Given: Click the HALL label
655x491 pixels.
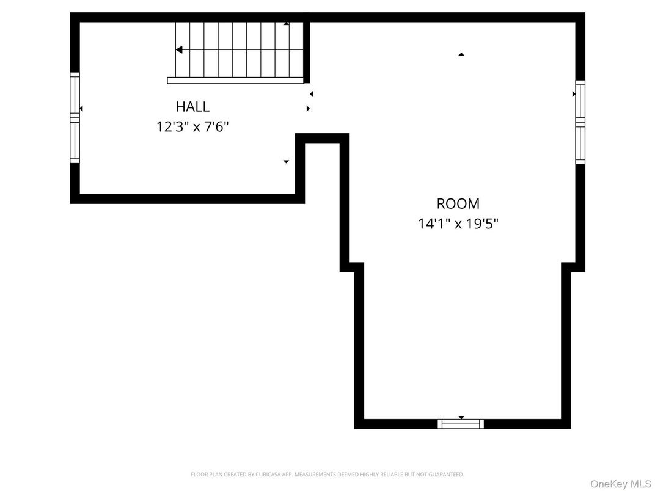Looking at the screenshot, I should pyautogui.click(x=192, y=107).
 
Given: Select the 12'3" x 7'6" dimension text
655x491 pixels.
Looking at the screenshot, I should pyautogui.click(x=192, y=127).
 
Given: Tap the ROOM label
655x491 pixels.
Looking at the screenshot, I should pyautogui.click(x=458, y=204).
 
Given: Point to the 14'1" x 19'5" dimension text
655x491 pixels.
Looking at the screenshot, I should pyautogui.click(x=458, y=224).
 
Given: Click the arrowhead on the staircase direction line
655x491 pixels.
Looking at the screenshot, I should pyautogui.click(x=179, y=50).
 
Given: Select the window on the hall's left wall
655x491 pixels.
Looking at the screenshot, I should pyautogui.click(x=75, y=117).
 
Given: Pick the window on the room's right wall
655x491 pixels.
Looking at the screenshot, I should pyautogui.click(x=580, y=122).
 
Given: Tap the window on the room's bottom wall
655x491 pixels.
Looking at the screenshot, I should pyautogui.click(x=461, y=424).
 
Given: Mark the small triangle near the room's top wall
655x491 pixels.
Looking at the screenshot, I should pyautogui.click(x=461, y=54).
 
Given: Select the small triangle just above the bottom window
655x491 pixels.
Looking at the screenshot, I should pyautogui.click(x=461, y=418).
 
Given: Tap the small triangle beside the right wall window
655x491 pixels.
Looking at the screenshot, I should pyautogui.click(x=574, y=94).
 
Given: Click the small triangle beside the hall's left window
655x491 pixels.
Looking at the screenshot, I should pyautogui.click(x=81, y=109).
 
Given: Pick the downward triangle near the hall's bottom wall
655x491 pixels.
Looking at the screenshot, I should pyautogui.click(x=285, y=162).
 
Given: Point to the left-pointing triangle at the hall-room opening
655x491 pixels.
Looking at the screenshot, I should pyautogui.click(x=311, y=94).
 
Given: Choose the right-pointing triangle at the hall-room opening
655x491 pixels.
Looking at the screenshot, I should pyautogui.click(x=308, y=109).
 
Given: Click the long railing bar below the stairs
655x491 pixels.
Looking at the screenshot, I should pyautogui.click(x=235, y=81).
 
